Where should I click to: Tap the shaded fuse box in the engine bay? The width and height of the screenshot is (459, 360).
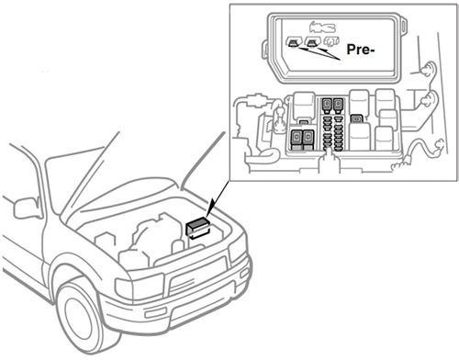pos(197,228)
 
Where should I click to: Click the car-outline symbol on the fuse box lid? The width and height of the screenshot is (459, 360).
pos(322,26)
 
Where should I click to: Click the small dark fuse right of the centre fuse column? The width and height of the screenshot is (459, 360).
pos(356,118)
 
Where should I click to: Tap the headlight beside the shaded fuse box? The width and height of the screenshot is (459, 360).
pos(237,247)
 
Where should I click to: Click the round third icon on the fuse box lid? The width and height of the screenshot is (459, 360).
pos(330,42)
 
